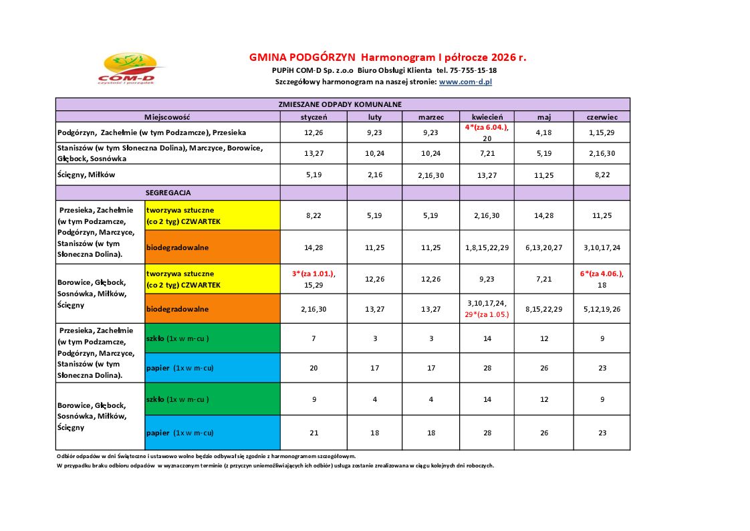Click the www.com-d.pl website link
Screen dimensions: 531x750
[x=465, y=82]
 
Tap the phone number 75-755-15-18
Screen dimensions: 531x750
[x=473, y=70]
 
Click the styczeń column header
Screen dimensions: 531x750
[x=313, y=116]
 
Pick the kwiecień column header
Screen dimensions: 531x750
[x=487, y=116]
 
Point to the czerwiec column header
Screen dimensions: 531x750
[x=602, y=116]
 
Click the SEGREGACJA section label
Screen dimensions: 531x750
[x=168, y=193]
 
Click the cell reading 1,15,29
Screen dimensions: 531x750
[x=602, y=132]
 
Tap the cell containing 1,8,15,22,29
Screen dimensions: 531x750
[x=487, y=247]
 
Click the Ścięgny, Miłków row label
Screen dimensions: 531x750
[x=87, y=175]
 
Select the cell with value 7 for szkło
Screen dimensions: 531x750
[x=313, y=338]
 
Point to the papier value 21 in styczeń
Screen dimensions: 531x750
[x=313, y=433]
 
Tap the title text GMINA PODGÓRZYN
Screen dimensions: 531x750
[x=302, y=58]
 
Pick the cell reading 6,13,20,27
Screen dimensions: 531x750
[x=544, y=247]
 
